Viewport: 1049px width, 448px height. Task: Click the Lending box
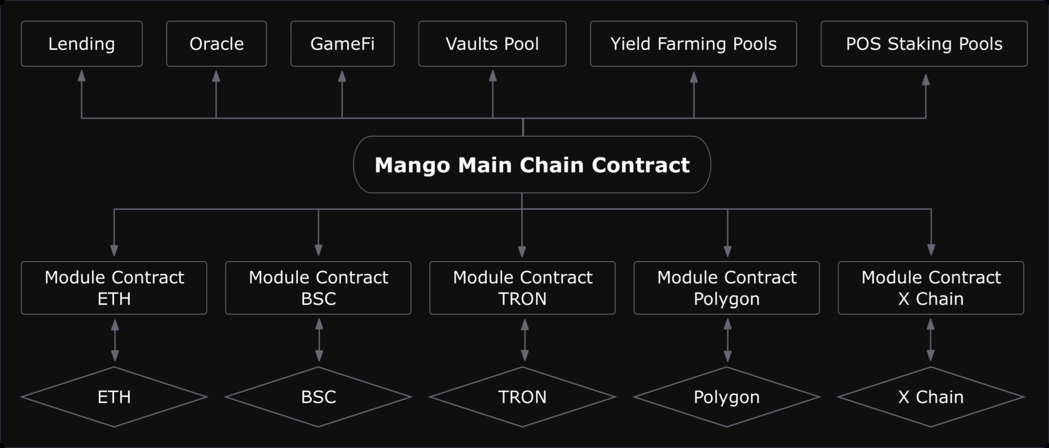pos(81,44)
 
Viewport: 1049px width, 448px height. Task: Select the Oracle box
pos(216,44)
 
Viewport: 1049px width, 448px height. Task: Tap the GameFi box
pos(343,44)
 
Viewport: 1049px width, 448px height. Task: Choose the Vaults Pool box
pos(492,44)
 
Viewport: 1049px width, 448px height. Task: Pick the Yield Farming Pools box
pos(693,44)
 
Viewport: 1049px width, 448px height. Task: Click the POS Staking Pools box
pos(924,44)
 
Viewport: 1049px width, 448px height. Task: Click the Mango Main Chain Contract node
pos(532,164)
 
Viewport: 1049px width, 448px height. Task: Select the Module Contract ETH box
pos(114,288)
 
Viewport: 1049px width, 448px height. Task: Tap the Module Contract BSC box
pos(319,288)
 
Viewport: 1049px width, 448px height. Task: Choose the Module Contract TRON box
pos(522,288)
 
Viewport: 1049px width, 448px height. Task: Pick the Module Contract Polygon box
pos(727,288)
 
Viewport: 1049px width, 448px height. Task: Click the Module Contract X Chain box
pos(931,288)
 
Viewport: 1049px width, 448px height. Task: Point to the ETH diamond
pos(114,397)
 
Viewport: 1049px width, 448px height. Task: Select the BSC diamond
pos(319,397)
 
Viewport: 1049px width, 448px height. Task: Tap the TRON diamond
pos(522,397)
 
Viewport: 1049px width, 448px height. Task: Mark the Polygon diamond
pos(727,397)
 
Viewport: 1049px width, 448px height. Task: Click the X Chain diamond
pos(931,397)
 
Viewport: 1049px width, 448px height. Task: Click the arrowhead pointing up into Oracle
pos(216,76)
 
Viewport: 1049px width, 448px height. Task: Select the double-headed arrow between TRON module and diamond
pos(524,340)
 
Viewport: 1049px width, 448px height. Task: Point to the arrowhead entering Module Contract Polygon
pos(727,251)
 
